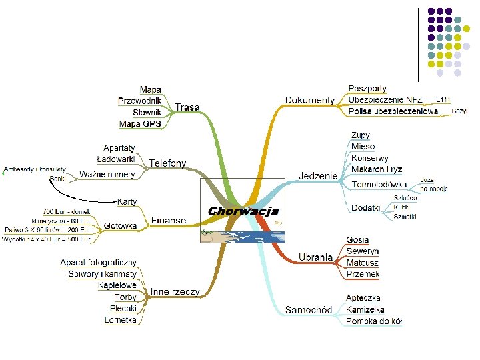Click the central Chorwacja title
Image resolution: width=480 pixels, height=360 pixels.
click(x=243, y=211)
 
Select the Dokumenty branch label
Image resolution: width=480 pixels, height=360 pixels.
click(x=310, y=101)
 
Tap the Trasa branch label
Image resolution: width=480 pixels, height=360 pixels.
click(x=187, y=107)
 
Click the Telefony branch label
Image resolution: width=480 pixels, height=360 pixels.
click(x=167, y=163)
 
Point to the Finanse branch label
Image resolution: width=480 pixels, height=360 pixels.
click(x=168, y=220)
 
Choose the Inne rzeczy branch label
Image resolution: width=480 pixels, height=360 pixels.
click(x=175, y=291)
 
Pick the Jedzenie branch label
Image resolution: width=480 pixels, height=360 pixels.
click(x=318, y=176)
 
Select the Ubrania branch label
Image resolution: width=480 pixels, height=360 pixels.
click(x=315, y=257)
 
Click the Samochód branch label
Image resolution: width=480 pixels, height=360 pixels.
click(x=308, y=309)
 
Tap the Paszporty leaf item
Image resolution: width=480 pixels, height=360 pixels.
click(x=367, y=89)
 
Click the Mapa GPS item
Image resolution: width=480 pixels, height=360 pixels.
click(x=140, y=123)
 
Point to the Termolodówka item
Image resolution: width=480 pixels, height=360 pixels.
click(x=379, y=184)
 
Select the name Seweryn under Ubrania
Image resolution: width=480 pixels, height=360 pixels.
click(x=363, y=251)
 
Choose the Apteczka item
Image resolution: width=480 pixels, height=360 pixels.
click(x=363, y=297)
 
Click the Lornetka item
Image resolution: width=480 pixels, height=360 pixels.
click(x=121, y=319)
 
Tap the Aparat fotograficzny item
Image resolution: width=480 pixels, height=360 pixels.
click(x=99, y=263)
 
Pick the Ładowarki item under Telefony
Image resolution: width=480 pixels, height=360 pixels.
click(x=116, y=159)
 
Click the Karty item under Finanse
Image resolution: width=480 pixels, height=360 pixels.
click(x=127, y=201)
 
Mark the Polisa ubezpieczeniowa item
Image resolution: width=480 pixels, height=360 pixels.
click(x=393, y=111)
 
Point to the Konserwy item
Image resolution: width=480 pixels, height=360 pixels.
click(x=369, y=159)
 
